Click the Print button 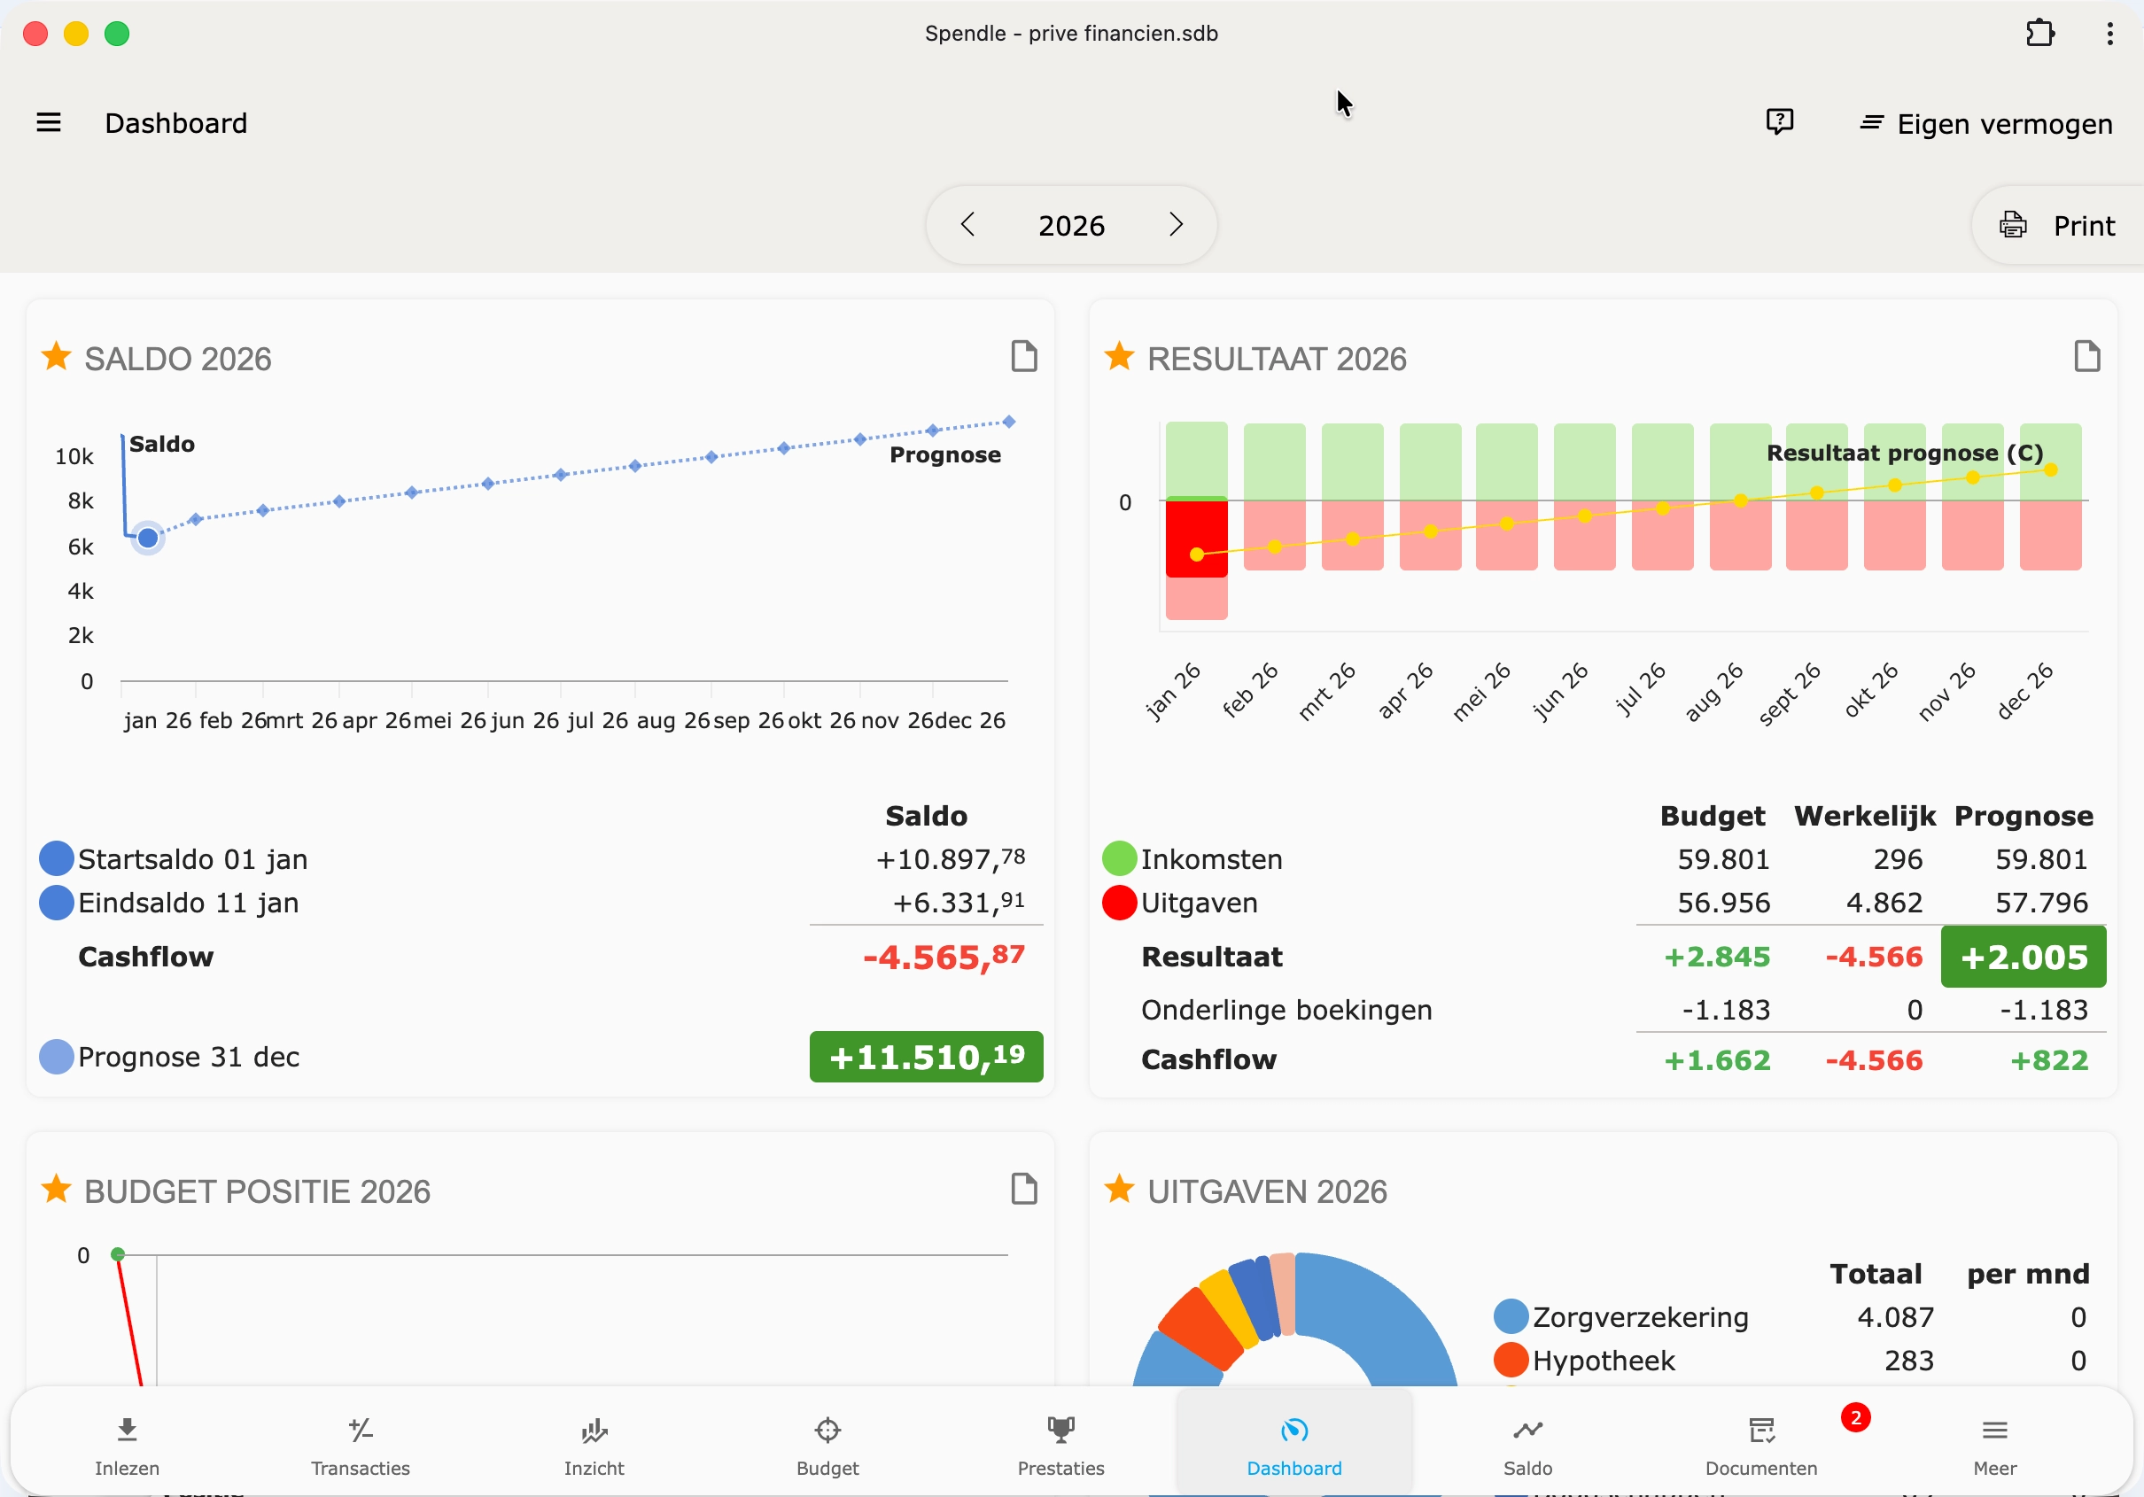pos(2057,225)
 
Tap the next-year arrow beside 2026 pos(1176,224)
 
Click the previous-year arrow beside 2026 pos(967,224)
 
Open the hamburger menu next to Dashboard pos(49,122)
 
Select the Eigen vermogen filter pos(1986,123)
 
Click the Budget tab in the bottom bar pos(827,1445)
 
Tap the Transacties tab pos(361,1445)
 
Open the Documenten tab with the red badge pos(1761,1445)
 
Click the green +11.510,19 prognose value pos(926,1056)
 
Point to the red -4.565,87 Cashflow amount pos(944,957)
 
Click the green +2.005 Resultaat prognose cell pos(2023,957)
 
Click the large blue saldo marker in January pos(148,537)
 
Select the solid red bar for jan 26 pos(1196,537)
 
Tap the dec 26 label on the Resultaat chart pos(2024,692)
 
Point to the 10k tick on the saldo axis pos(74,457)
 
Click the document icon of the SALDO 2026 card pos(1024,356)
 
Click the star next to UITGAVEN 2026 pos(1119,1190)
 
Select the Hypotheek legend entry pos(1604,1361)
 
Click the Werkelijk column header pos(1864,815)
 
